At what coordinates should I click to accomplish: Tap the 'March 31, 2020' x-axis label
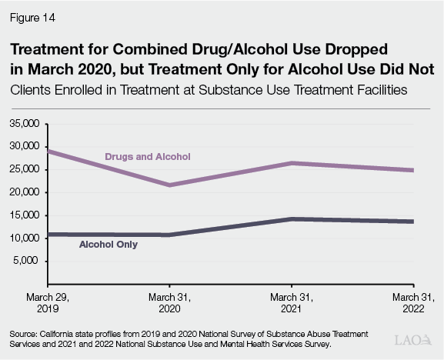[170, 301]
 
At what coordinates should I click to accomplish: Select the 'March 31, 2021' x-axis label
[292, 301]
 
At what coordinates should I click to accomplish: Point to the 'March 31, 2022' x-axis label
[415, 301]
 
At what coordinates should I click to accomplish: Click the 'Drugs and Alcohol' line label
[147, 156]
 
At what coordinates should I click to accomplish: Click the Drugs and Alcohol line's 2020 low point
[170, 185]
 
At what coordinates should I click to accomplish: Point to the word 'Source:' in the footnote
[23, 335]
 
